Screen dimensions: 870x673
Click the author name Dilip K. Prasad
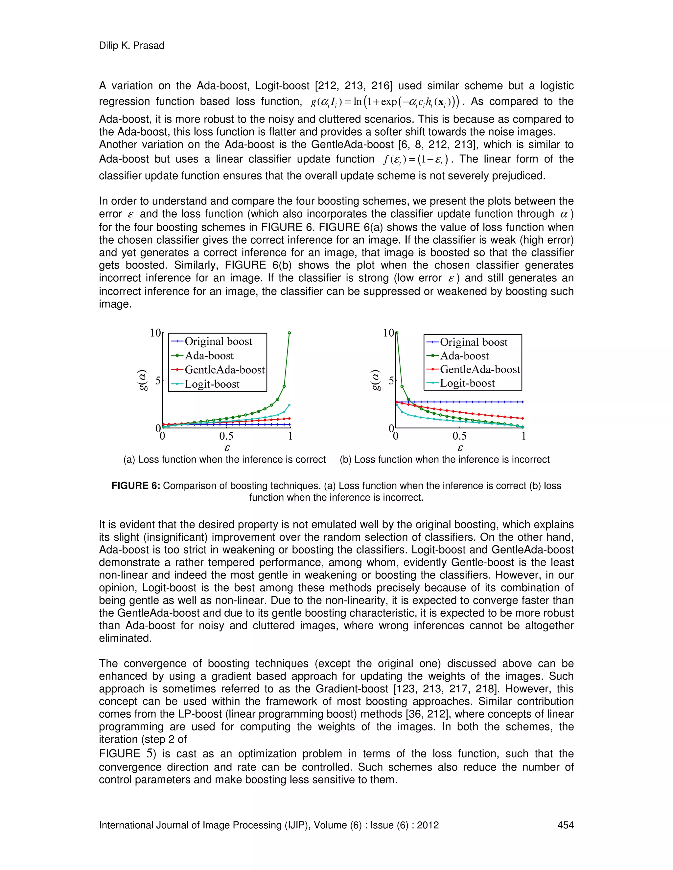pyautogui.click(x=131, y=45)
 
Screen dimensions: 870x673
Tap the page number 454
pyautogui.click(x=565, y=825)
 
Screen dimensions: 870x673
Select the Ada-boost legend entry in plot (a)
pyautogui.click(x=209, y=355)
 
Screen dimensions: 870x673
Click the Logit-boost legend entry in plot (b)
pyautogui.click(x=467, y=383)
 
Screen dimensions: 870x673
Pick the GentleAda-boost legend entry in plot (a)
pyautogui.click(x=224, y=370)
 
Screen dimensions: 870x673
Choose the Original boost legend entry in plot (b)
pyautogui.click(x=474, y=342)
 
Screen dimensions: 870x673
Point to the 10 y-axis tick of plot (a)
pyautogui.click(x=155, y=333)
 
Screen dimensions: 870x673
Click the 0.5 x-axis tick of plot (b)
pyautogui.click(x=459, y=436)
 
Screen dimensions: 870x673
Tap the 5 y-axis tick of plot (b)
pyautogui.click(x=391, y=381)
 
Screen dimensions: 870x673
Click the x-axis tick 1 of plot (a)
pyautogui.click(x=290, y=436)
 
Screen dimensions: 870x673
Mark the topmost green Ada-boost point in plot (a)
pyautogui.click(x=290, y=333)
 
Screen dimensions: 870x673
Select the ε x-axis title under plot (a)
pyautogui.click(x=227, y=448)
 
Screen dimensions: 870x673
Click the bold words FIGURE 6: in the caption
pyautogui.click(x=136, y=486)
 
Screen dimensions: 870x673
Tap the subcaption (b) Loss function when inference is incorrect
pyautogui.click(x=445, y=459)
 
